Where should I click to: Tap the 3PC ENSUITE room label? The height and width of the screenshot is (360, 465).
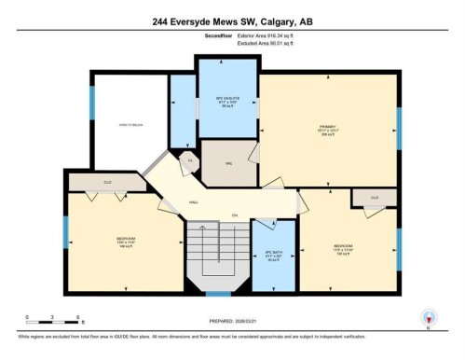click(x=228, y=101)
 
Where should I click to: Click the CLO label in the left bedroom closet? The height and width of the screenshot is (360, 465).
click(x=107, y=182)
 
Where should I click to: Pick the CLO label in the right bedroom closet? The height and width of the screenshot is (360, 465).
click(x=374, y=198)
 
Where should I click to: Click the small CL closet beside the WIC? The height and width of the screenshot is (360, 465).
click(x=191, y=161)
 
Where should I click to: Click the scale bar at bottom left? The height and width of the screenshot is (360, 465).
click(x=53, y=322)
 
